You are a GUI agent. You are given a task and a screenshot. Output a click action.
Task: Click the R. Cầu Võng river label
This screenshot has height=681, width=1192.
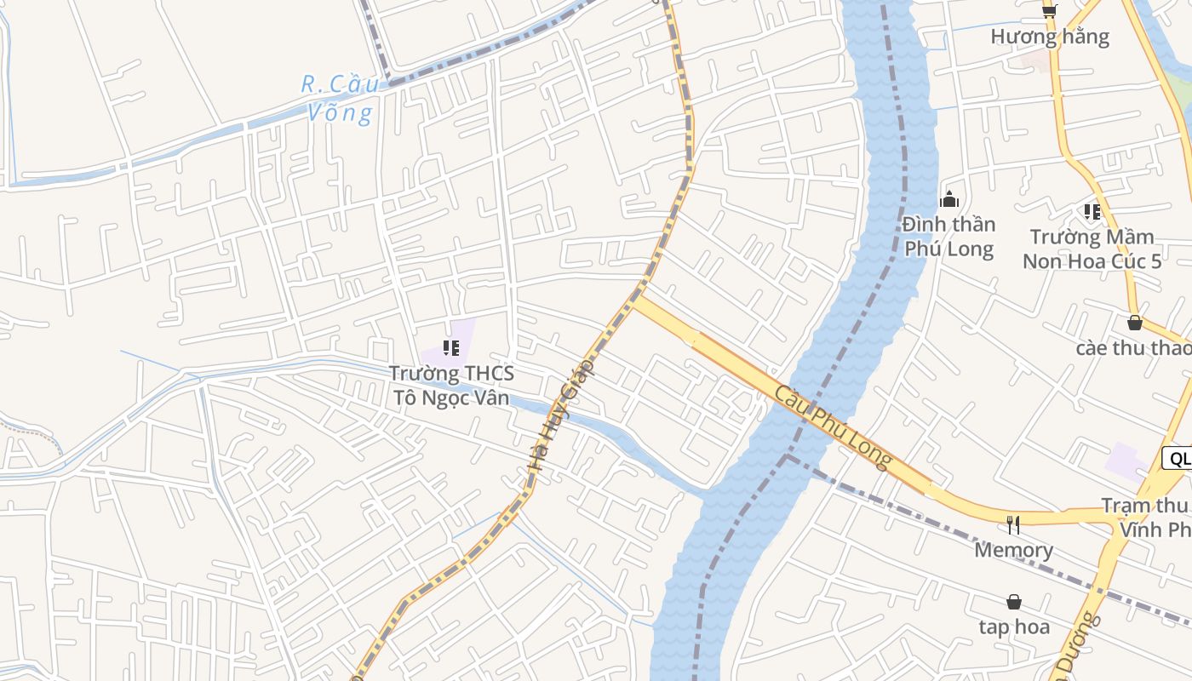tap(339, 99)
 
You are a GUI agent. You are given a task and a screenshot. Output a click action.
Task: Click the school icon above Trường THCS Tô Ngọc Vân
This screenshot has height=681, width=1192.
tap(451, 348)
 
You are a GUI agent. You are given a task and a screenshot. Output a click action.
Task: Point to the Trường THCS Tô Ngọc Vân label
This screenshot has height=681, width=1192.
tap(451, 385)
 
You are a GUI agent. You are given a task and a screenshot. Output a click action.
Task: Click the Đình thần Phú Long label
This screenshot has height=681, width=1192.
tap(948, 237)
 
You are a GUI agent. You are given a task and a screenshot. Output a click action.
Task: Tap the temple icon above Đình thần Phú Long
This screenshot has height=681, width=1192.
tap(948, 200)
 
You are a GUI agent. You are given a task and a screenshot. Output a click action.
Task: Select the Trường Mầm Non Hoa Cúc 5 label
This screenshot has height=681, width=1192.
tap(1092, 249)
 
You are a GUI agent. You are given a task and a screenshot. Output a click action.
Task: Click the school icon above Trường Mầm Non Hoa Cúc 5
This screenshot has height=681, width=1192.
tap(1092, 211)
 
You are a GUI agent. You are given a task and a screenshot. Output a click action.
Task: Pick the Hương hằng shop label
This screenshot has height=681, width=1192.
tap(1049, 37)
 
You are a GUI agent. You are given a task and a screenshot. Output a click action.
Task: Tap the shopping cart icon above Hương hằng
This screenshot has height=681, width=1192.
tap(1049, 10)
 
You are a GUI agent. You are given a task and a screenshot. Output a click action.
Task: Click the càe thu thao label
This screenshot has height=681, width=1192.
tap(1133, 348)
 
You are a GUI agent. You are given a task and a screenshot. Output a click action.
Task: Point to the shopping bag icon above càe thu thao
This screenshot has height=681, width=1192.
tap(1134, 323)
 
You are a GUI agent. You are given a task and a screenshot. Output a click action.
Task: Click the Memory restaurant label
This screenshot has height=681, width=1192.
tap(1013, 550)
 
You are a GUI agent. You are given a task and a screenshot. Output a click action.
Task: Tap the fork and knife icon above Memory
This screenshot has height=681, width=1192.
tap(1013, 524)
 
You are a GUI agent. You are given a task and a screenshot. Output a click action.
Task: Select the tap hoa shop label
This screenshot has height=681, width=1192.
tap(1013, 627)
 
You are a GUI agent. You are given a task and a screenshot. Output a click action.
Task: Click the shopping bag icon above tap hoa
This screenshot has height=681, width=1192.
tap(1013, 602)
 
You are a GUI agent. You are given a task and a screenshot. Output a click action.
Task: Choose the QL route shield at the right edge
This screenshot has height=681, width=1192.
tap(1178, 459)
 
